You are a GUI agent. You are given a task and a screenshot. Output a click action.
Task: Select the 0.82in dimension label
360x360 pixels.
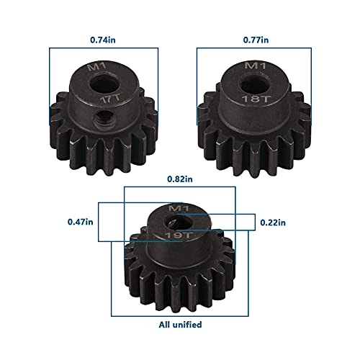(x=179, y=178)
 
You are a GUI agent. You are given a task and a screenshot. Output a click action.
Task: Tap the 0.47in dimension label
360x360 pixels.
(x=81, y=221)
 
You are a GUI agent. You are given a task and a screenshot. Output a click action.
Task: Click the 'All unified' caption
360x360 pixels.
(x=179, y=325)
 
